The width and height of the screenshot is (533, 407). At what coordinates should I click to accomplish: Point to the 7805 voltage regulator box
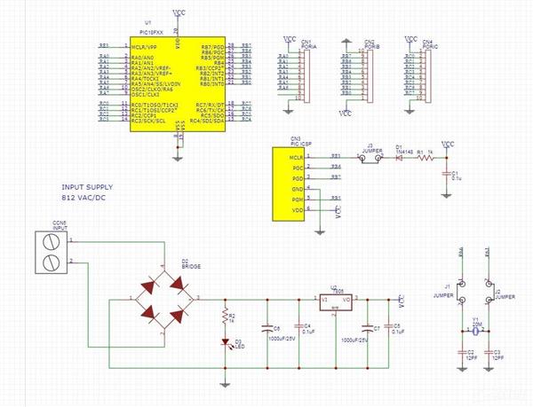pos(336,301)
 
